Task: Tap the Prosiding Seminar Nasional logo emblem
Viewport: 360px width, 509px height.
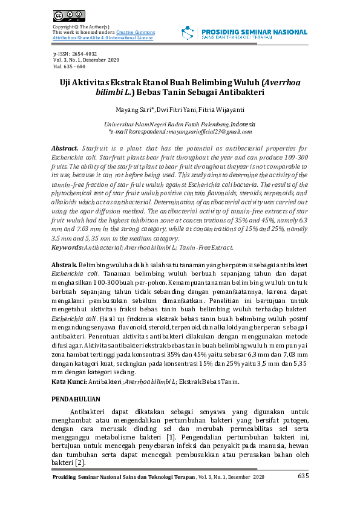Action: (x=188, y=34)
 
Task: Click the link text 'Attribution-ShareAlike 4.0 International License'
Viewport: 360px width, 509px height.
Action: (x=103, y=37)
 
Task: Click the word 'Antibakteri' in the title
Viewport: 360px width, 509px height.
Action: (x=241, y=93)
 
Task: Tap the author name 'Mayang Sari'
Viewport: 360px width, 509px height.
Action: (x=134, y=110)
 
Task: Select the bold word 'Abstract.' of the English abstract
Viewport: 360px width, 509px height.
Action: (x=66, y=148)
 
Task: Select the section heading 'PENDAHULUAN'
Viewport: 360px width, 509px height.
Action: (x=74, y=400)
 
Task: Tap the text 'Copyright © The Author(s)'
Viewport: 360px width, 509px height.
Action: (x=80, y=27)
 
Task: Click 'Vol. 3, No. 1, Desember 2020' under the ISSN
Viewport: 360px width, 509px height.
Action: (x=86, y=60)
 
